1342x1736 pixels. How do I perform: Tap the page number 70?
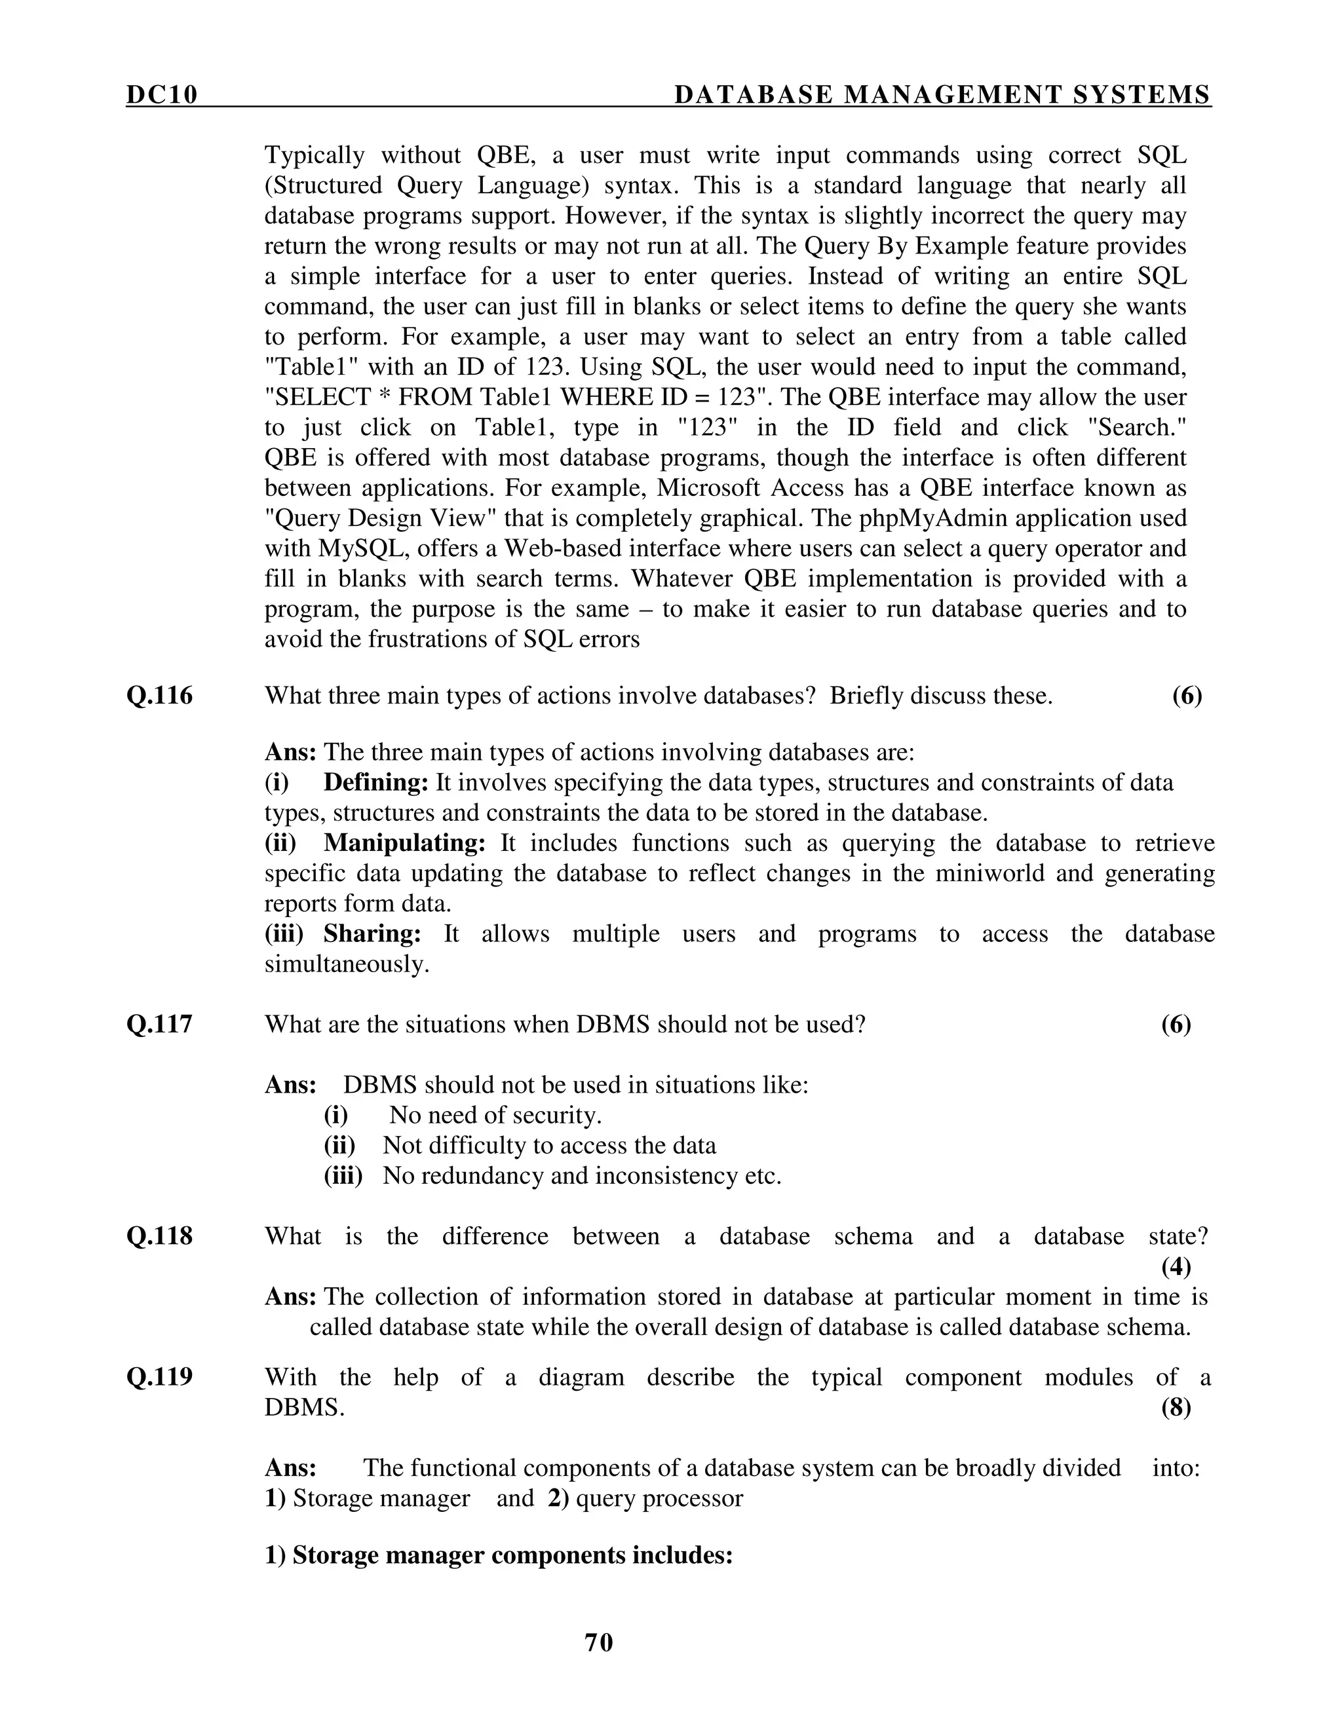coord(599,1642)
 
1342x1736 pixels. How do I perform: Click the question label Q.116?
coord(159,696)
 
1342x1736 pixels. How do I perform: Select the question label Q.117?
coord(159,1024)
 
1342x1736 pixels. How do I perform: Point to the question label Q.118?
coord(159,1236)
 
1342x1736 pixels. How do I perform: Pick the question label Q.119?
coord(159,1377)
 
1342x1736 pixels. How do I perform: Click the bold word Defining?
coord(376,783)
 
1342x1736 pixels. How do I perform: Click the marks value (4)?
coord(1176,1266)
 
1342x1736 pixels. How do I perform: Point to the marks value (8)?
coord(1176,1408)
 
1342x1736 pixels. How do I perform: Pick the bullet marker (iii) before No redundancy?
coord(343,1176)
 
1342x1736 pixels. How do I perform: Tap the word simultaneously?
coord(346,964)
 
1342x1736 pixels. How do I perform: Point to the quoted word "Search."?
coord(1137,428)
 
